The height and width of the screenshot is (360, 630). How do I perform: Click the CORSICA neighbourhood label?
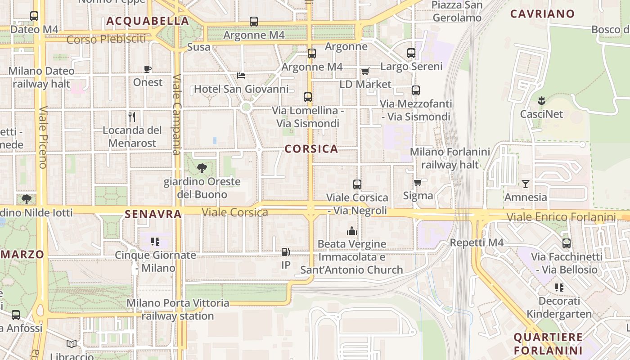[311, 149]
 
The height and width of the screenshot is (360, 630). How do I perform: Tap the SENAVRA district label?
[153, 214]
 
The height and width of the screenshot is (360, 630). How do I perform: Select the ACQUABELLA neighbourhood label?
[148, 21]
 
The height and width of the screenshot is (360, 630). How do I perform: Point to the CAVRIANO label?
[542, 13]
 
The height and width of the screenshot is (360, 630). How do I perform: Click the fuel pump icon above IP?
[285, 252]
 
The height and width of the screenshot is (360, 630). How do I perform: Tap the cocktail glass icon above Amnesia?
[525, 184]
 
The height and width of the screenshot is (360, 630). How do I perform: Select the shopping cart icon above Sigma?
[418, 182]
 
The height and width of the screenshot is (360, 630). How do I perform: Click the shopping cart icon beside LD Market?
[365, 71]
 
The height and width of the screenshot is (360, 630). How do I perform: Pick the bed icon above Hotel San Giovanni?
[241, 75]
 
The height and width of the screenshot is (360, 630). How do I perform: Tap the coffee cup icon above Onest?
[148, 69]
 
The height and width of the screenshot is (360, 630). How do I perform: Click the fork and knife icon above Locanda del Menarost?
[132, 117]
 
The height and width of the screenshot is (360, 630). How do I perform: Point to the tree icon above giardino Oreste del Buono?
[202, 168]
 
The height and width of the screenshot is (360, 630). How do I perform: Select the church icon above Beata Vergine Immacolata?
[351, 231]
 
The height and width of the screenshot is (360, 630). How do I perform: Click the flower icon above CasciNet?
[541, 100]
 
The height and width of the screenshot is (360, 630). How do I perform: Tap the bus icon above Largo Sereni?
[411, 53]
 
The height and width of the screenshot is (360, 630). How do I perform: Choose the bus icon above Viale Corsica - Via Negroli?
[357, 184]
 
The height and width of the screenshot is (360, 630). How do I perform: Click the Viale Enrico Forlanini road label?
[561, 217]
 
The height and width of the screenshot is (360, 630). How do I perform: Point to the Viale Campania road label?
[177, 114]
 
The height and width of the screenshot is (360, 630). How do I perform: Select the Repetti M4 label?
[477, 243]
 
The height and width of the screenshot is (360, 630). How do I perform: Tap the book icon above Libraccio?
[72, 344]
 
